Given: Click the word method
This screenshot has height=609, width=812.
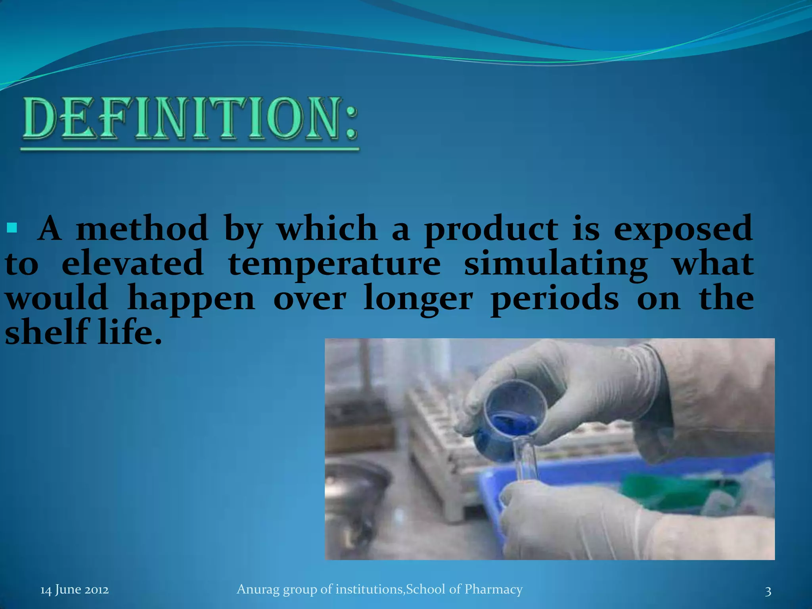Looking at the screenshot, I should pyautogui.click(x=142, y=228).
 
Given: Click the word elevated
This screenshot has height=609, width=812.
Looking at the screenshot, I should pyautogui.click(x=132, y=264).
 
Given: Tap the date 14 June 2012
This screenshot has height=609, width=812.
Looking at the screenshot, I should pyautogui.click(x=75, y=590).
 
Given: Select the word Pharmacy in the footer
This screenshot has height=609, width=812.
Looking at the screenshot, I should pyautogui.click(x=493, y=589).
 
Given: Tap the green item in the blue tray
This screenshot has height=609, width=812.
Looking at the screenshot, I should pyautogui.click(x=674, y=492).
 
